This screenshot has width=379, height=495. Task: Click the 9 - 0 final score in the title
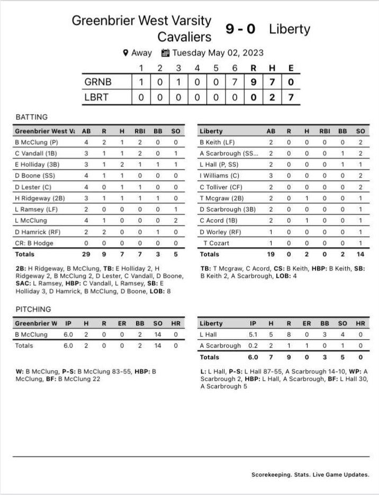(240, 29)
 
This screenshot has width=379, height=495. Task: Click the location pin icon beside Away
(125, 53)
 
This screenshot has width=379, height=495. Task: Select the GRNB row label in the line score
(98, 82)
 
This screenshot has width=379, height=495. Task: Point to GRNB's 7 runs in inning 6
(234, 82)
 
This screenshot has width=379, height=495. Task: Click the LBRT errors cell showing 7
(290, 98)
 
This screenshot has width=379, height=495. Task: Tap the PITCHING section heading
(33, 309)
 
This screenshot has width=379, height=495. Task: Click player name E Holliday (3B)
(37, 164)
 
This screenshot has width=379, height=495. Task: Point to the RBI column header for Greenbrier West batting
(140, 130)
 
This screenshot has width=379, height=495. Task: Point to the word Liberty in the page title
(289, 29)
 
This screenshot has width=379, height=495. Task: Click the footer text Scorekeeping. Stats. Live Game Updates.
(311, 474)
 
